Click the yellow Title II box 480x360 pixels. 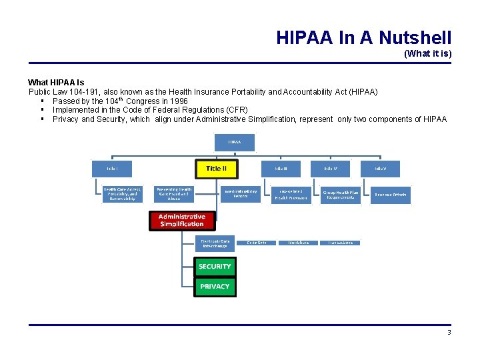216,169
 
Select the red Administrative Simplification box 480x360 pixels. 181,221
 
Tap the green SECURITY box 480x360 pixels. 215,267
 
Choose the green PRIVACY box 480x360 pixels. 215,287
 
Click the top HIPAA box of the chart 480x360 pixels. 234,142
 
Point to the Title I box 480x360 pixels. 111,169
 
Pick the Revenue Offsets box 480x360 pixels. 391,194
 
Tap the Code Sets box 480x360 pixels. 257,243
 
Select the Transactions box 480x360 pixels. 340,243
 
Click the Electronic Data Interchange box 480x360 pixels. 215,243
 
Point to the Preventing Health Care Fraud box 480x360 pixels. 174,194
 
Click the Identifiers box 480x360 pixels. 298,243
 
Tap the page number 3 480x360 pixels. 449,332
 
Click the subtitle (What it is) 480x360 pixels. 427,53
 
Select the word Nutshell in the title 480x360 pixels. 413,37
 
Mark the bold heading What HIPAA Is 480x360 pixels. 56,82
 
